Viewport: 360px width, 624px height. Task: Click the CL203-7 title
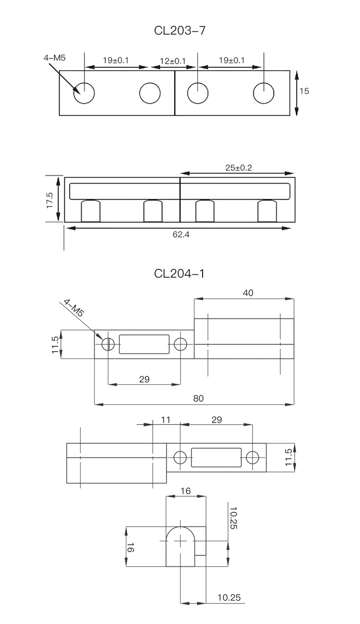180,30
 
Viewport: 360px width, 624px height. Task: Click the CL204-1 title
180,273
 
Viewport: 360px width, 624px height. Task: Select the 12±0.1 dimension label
173,61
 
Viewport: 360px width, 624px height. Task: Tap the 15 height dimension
304,91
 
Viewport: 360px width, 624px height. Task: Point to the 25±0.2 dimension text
239,168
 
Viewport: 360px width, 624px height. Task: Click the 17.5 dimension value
49,200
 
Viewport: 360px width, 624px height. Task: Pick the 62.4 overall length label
181,234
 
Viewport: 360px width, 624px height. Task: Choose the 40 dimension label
248,293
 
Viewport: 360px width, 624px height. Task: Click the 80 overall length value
198,398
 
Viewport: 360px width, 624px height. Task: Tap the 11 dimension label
166,420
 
